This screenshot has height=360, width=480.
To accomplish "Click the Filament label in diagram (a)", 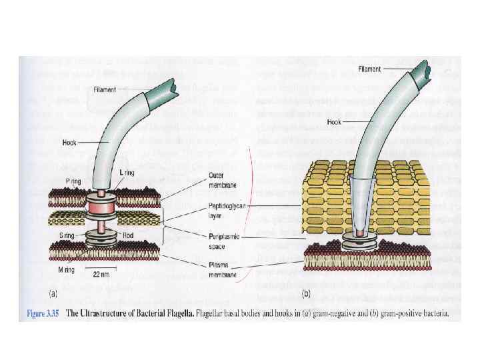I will (x=105, y=89).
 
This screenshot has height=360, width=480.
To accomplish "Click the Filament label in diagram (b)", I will (x=369, y=69).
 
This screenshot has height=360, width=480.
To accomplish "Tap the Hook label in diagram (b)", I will (x=335, y=122).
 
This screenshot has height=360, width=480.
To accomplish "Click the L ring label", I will (x=127, y=173).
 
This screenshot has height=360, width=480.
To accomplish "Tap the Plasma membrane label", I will (x=216, y=270).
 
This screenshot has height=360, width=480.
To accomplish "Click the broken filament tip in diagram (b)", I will (x=436, y=71).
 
